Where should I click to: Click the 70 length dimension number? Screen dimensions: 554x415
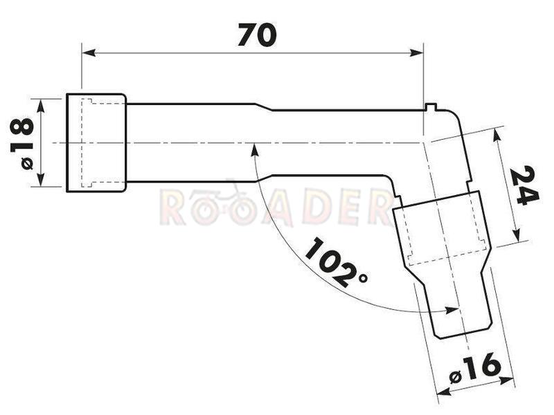pos(257,35)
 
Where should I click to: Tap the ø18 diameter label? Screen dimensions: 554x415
pos(23,144)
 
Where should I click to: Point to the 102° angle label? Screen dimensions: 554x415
pos(336,262)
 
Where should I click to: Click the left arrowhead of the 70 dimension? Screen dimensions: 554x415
pos(89,53)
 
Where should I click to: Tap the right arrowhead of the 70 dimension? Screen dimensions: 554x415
pos(416,53)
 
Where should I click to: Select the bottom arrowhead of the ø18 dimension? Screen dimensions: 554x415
pos(41,179)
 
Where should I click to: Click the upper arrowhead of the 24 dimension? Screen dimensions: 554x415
pos(497,135)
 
